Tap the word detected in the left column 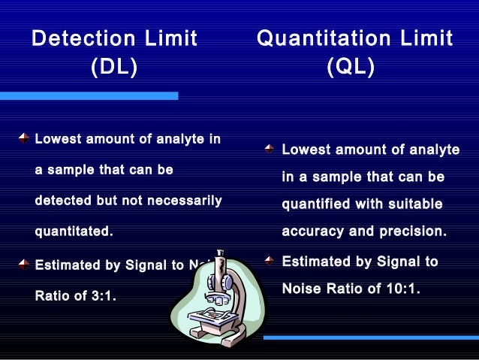[62, 201]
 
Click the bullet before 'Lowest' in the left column [24, 138]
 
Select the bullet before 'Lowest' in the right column [270, 150]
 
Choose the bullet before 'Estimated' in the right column [270, 261]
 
